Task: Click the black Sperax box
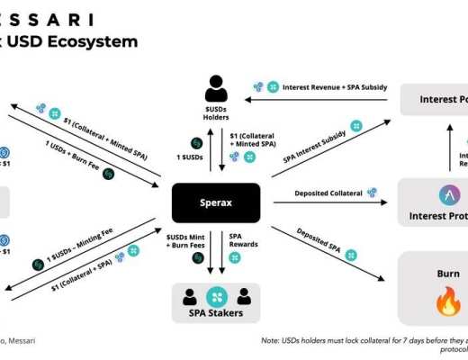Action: (x=216, y=203)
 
